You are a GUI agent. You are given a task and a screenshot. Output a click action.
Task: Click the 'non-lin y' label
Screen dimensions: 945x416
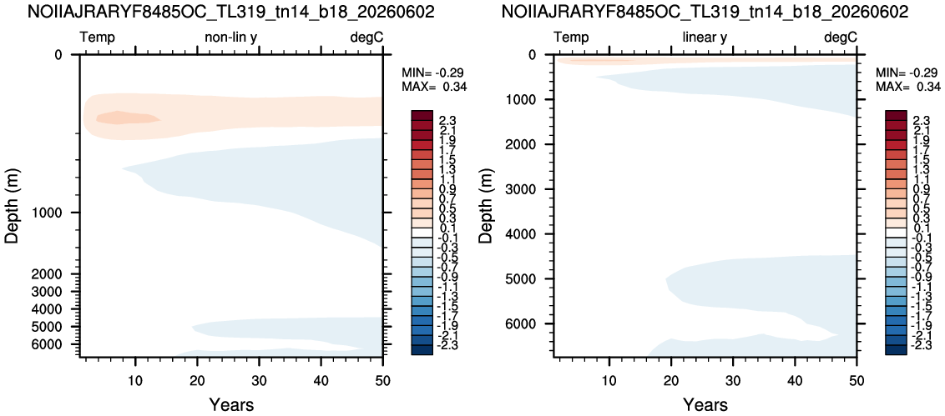click(231, 38)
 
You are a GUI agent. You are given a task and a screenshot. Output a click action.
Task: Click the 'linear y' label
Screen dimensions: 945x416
click(705, 38)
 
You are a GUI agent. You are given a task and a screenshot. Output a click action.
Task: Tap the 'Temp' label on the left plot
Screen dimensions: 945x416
click(98, 38)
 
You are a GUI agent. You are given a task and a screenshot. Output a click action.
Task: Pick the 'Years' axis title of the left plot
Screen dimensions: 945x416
click(231, 403)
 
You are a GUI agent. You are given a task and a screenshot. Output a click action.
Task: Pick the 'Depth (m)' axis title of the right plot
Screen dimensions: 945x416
click(488, 206)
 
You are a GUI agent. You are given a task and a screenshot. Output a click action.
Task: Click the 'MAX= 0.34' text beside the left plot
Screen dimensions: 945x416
click(434, 87)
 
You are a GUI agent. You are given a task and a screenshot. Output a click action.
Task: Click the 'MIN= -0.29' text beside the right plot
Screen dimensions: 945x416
click(908, 73)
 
